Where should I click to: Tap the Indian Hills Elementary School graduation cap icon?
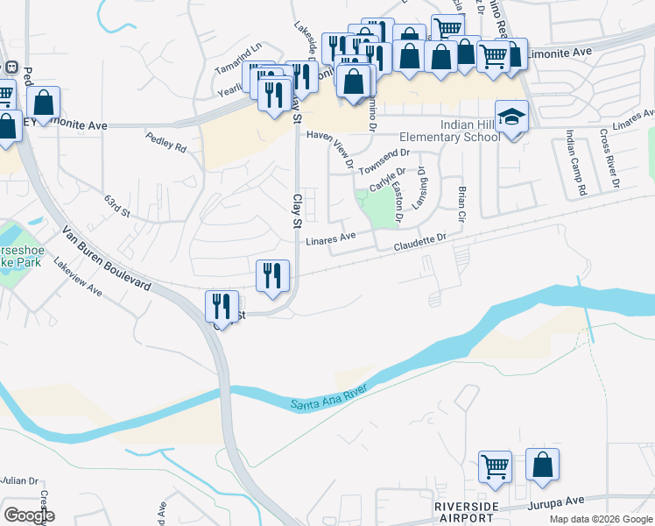coord(512,117)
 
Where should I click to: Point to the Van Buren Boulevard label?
coord(107,260)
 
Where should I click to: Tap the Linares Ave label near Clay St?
coord(329,237)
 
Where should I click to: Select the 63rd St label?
coord(116,212)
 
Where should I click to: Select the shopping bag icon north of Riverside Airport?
coord(542,464)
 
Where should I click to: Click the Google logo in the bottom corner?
coord(29,515)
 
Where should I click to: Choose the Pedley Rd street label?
coord(167,144)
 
